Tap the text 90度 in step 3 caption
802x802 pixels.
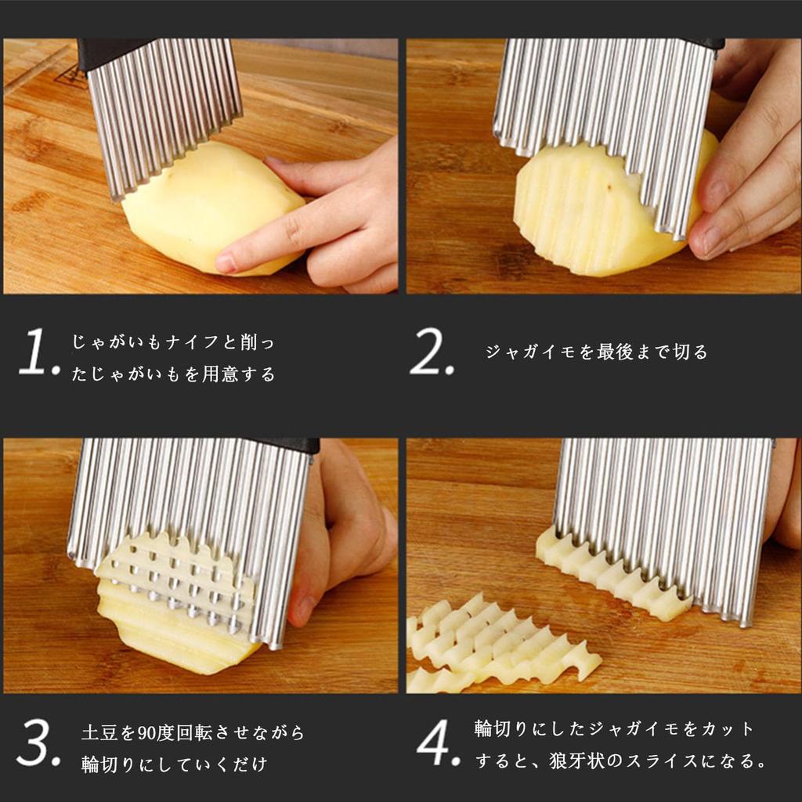pos(152,734)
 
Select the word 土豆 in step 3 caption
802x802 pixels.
pos(99,734)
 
